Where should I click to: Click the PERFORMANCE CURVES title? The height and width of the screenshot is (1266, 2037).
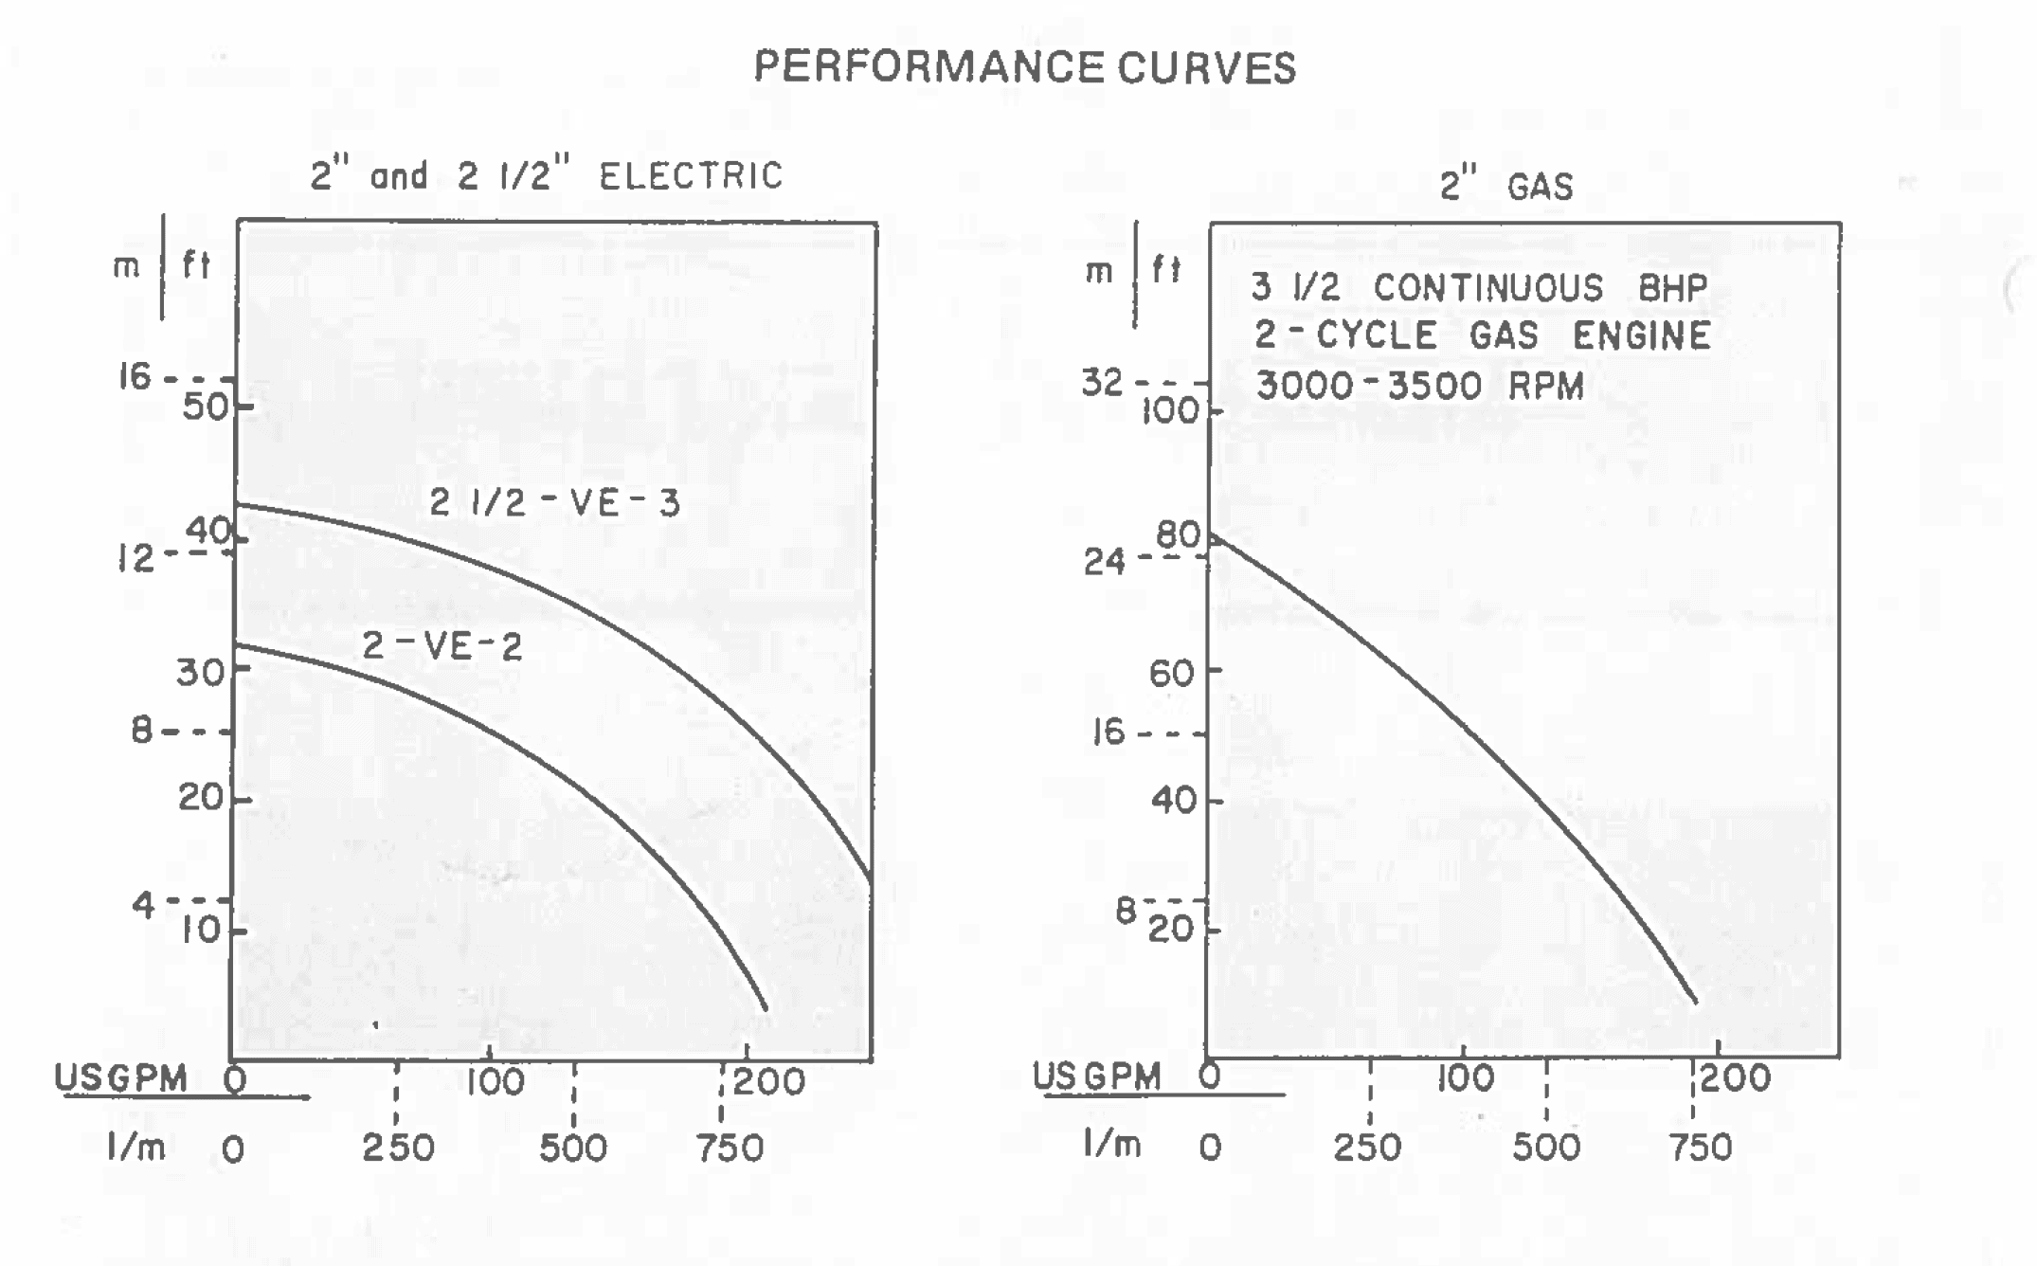pyautogui.click(x=1024, y=67)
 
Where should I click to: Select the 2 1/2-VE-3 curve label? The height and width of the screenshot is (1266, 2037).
pyautogui.click(x=554, y=503)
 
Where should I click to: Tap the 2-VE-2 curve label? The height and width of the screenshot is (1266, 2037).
pyautogui.click(x=442, y=646)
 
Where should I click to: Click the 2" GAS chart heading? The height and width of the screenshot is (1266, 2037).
pyautogui.click(x=1506, y=185)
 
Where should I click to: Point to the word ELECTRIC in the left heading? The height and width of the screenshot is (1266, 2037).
pyautogui.click(x=691, y=176)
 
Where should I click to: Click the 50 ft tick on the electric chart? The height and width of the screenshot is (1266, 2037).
pyautogui.click(x=207, y=407)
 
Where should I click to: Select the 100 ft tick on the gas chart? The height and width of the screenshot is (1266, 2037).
pyautogui.click(x=1171, y=411)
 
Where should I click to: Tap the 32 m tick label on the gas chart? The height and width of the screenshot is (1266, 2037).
pyautogui.click(x=1102, y=383)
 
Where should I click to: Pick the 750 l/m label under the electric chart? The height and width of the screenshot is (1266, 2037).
pyautogui.click(x=730, y=1148)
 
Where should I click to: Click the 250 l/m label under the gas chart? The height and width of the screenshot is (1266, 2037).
pyautogui.click(x=1367, y=1148)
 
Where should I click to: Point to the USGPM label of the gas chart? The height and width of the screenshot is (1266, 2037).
pyautogui.click(x=1096, y=1076)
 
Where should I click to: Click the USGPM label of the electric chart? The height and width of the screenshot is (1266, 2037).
pyautogui.click(x=120, y=1078)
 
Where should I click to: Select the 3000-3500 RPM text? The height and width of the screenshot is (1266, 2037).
pyautogui.click(x=1419, y=386)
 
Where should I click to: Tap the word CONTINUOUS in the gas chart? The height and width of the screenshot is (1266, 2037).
pyautogui.click(x=1487, y=288)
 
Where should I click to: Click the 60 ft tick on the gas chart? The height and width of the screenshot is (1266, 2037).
pyautogui.click(x=1172, y=674)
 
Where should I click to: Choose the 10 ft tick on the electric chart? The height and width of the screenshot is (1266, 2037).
pyautogui.click(x=202, y=930)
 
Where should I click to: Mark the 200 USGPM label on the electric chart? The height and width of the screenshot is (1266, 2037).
pyautogui.click(x=768, y=1081)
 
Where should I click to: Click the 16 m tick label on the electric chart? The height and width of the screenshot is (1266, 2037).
pyautogui.click(x=135, y=377)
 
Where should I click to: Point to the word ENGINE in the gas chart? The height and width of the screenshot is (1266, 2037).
pyautogui.click(x=1641, y=335)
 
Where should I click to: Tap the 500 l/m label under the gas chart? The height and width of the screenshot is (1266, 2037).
pyautogui.click(x=1545, y=1148)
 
